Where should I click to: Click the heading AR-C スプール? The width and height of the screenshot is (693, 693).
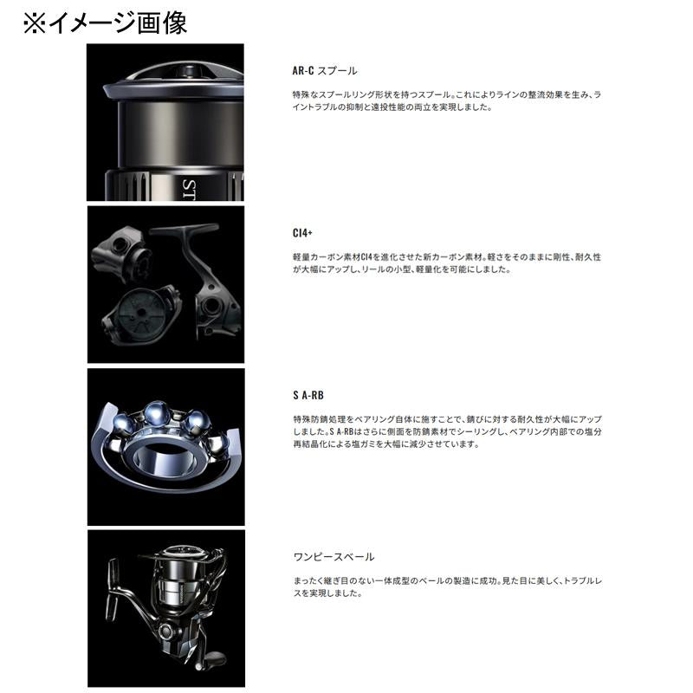click(x=325, y=71)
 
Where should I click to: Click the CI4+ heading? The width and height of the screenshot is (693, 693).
click(x=302, y=233)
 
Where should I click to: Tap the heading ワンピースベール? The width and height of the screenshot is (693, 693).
click(x=334, y=556)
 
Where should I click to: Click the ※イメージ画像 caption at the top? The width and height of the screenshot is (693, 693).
click(x=104, y=22)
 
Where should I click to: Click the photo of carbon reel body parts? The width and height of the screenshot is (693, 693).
click(x=165, y=284)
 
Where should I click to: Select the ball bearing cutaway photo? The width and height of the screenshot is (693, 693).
click(x=165, y=446)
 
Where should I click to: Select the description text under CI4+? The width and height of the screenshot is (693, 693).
click(x=446, y=263)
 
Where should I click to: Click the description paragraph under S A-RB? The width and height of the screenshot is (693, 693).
click(x=446, y=431)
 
